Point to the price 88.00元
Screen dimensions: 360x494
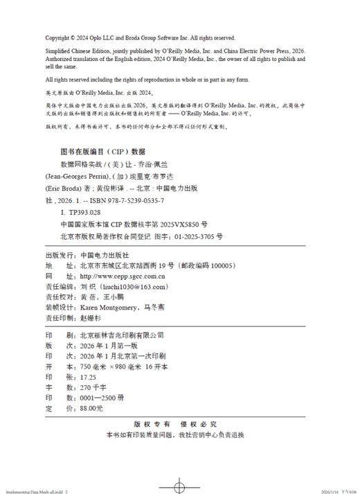point(95,409)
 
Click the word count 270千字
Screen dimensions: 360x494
point(96,389)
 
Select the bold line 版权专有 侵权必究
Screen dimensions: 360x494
point(179,425)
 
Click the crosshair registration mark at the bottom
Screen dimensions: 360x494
point(179,485)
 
